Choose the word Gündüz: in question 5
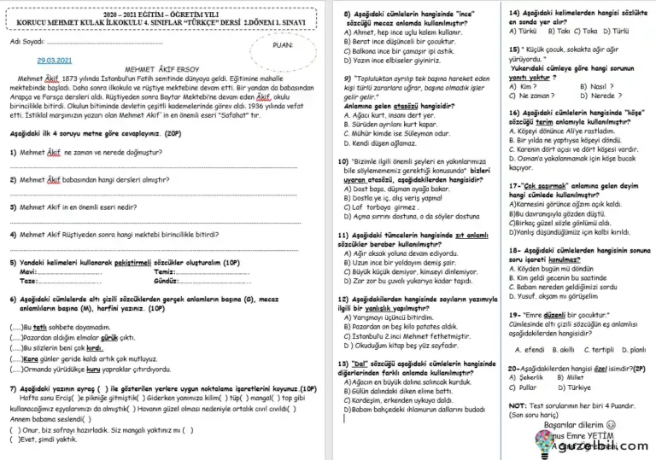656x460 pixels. (x=167, y=280)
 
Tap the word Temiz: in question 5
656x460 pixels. (x=166, y=271)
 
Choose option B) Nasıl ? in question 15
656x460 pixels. (x=596, y=86)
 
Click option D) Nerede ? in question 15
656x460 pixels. (x=600, y=96)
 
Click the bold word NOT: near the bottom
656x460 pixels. (x=518, y=406)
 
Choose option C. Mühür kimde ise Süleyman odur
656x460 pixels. (x=402, y=134)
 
